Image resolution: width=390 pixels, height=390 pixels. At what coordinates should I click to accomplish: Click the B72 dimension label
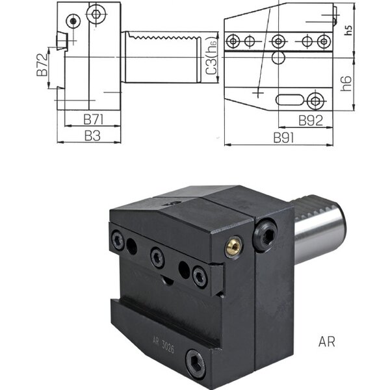tap(42, 64)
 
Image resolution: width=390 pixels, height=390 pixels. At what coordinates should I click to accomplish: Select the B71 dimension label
tap(93, 120)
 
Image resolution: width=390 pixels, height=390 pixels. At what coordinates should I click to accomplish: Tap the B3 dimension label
tap(92, 136)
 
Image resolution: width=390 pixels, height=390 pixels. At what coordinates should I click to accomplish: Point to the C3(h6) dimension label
tap(211, 56)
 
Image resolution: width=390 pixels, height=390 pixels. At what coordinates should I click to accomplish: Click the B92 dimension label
tap(311, 121)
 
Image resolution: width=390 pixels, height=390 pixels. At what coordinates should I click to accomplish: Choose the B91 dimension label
tap(283, 138)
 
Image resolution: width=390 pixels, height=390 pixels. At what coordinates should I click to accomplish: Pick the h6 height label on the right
tap(346, 83)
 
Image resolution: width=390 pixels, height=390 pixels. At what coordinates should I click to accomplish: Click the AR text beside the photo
tap(326, 342)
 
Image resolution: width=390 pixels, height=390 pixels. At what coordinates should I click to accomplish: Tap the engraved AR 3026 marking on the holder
tap(163, 345)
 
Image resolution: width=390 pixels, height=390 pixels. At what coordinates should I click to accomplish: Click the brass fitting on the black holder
tap(233, 246)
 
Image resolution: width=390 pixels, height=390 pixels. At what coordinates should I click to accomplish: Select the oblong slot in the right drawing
tap(290, 99)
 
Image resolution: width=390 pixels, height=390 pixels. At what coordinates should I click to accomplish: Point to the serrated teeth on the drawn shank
tap(164, 37)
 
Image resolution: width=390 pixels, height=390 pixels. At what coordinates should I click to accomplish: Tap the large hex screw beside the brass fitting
tap(265, 235)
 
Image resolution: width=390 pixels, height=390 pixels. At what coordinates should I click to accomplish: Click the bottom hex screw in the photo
tap(196, 365)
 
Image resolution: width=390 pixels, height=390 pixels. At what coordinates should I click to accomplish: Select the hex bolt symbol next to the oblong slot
tap(315, 101)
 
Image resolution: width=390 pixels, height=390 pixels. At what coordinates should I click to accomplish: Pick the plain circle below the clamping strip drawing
tap(278, 58)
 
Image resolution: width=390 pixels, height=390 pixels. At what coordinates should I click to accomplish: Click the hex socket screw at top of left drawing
tap(96, 14)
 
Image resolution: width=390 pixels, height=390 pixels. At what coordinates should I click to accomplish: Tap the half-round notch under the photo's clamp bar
tap(167, 280)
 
